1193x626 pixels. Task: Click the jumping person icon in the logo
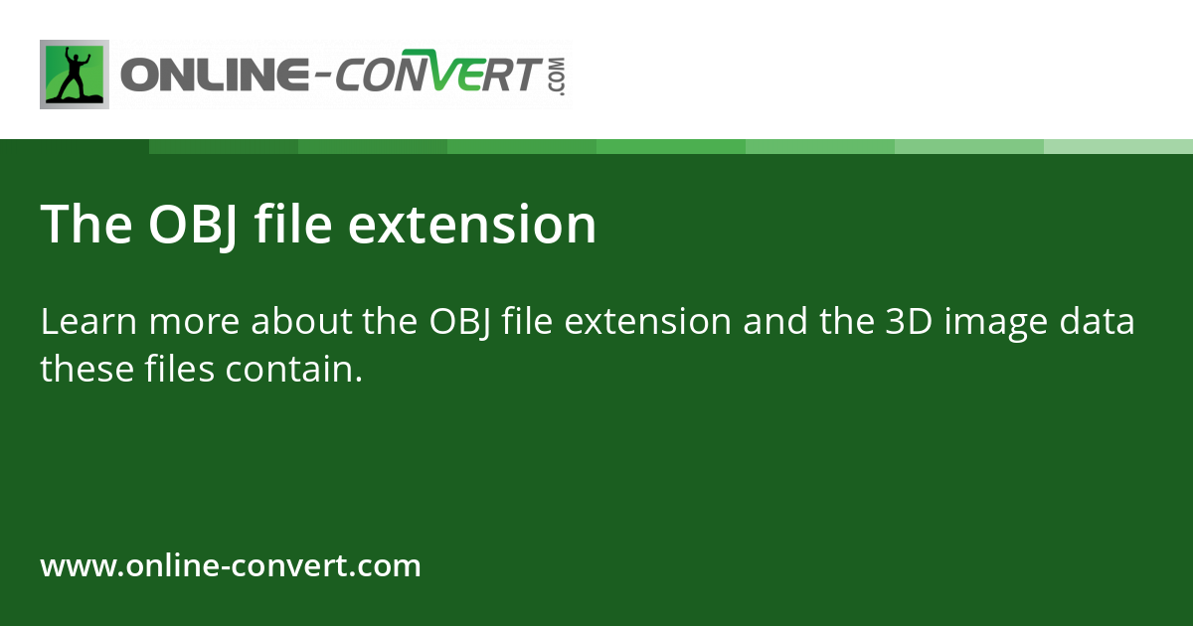75,75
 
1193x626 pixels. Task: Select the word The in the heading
87,225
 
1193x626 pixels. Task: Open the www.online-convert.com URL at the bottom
231,566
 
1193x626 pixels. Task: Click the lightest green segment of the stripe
1118,146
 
